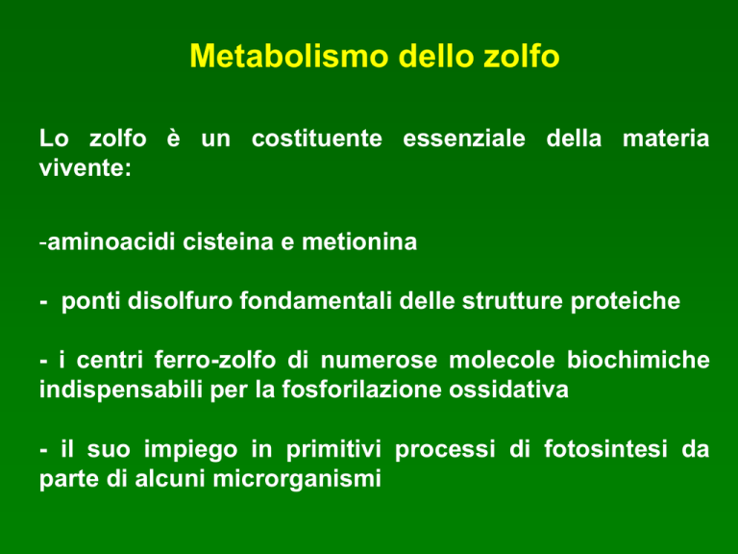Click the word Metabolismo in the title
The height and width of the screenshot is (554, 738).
point(289,56)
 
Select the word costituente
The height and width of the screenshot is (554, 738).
point(317,138)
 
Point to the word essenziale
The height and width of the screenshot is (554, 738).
point(463,138)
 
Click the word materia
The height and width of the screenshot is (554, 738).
point(666,138)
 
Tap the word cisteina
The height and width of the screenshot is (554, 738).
point(228,242)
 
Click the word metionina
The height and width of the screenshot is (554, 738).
point(359,242)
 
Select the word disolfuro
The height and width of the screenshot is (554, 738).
point(180,300)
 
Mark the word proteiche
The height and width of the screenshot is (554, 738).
point(625,301)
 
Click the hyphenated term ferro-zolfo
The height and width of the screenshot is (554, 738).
point(215,360)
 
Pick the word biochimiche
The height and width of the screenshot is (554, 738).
point(638,360)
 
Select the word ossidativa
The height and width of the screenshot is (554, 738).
point(508,390)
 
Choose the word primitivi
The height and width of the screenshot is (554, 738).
point(333,449)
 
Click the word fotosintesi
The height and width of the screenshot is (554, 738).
point(605,448)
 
